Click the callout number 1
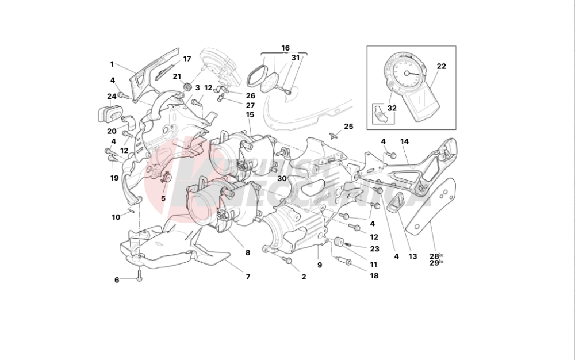(112, 64)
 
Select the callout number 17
(187, 59)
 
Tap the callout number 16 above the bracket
(285, 48)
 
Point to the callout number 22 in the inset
(441, 66)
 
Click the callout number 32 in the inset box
(392, 108)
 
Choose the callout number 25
(348, 126)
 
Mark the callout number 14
(404, 141)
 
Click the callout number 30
(282, 178)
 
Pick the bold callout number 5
(163, 198)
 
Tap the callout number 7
(248, 277)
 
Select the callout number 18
(374, 276)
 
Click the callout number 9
(320, 265)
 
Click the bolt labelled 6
(139, 277)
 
